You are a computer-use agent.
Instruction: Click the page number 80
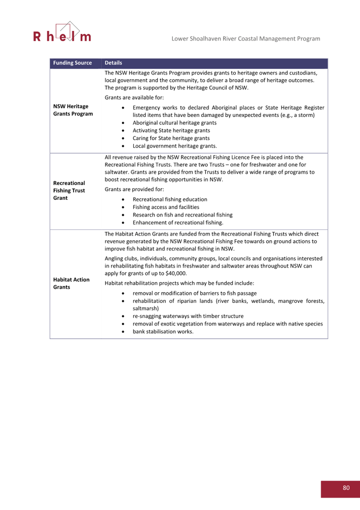[x=346, y=488]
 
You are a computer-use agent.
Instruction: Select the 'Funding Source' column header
[x=72, y=63]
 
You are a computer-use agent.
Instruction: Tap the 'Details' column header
[x=113, y=63]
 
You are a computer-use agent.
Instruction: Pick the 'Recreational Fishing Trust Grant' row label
[x=69, y=191]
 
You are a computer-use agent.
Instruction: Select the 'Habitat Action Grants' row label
[x=71, y=283]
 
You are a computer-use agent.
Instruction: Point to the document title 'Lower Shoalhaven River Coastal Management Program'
[x=245, y=39]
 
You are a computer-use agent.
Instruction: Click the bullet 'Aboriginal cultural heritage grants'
[x=175, y=123]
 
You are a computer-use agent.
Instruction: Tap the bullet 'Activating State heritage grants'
[x=171, y=131]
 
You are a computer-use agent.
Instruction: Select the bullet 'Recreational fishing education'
[x=170, y=200]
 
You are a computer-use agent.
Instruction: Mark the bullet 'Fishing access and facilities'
[x=166, y=207]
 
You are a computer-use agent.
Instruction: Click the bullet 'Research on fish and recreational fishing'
[x=182, y=215]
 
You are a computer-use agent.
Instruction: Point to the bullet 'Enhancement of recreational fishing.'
[x=178, y=222]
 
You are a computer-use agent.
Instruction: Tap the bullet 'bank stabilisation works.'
[x=163, y=332]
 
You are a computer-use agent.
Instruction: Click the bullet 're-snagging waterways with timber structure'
[x=188, y=316]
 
